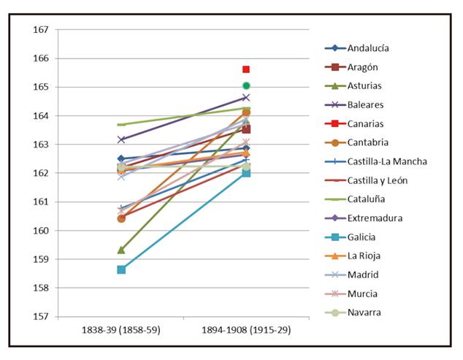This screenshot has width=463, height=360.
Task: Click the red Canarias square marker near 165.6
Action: pos(246,69)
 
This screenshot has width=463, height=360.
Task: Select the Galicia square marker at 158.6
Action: pos(121,269)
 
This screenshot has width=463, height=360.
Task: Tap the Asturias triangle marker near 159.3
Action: pos(121,250)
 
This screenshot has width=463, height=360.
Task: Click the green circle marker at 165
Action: pos(246,85)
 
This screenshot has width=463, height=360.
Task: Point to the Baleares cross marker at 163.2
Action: pos(121,139)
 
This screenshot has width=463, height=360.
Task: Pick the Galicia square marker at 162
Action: pos(246,173)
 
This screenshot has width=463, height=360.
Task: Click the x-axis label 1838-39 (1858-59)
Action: pos(121,330)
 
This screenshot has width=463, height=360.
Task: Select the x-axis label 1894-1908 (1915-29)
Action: pos(246,330)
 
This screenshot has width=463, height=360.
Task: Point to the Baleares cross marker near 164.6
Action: pos(246,97)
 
